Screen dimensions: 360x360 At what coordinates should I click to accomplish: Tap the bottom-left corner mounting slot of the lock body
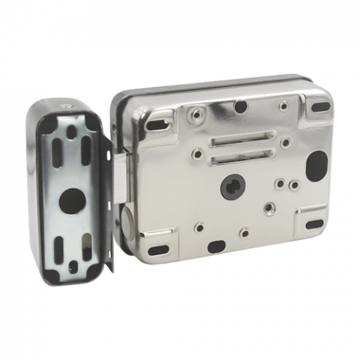click(x=159, y=250)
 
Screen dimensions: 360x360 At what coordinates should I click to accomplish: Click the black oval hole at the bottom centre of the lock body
click(x=215, y=246)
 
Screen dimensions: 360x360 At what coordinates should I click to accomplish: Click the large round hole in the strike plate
click(x=73, y=198)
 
